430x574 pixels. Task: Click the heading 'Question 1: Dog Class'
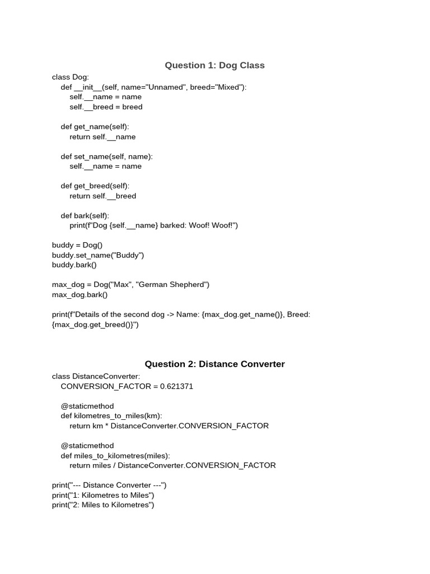[x=214, y=66]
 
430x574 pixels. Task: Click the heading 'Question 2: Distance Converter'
[x=214, y=364]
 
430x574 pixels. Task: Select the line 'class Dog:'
[x=71, y=77]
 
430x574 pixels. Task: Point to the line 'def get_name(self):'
[x=95, y=127]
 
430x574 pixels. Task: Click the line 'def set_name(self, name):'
[x=106, y=156]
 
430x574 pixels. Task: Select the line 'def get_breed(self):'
[x=95, y=186]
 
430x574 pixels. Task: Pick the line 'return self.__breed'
[x=102, y=196]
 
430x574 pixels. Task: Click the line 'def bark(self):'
[x=85, y=215]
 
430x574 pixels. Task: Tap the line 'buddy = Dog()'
[x=77, y=245]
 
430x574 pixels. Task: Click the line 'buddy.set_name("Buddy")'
[x=98, y=255]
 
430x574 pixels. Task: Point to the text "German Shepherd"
[x=172, y=285]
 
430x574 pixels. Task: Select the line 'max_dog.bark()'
[x=80, y=294]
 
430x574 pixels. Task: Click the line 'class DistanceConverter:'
[x=96, y=376]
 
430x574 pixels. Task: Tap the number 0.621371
[x=176, y=386]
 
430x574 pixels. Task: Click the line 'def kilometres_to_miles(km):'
[x=111, y=416]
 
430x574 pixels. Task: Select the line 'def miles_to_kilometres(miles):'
[x=115, y=455]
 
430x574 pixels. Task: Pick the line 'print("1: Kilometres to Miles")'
[x=103, y=495]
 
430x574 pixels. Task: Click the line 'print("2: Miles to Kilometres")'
[x=103, y=505]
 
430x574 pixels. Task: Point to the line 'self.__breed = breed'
[x=106, y=107]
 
